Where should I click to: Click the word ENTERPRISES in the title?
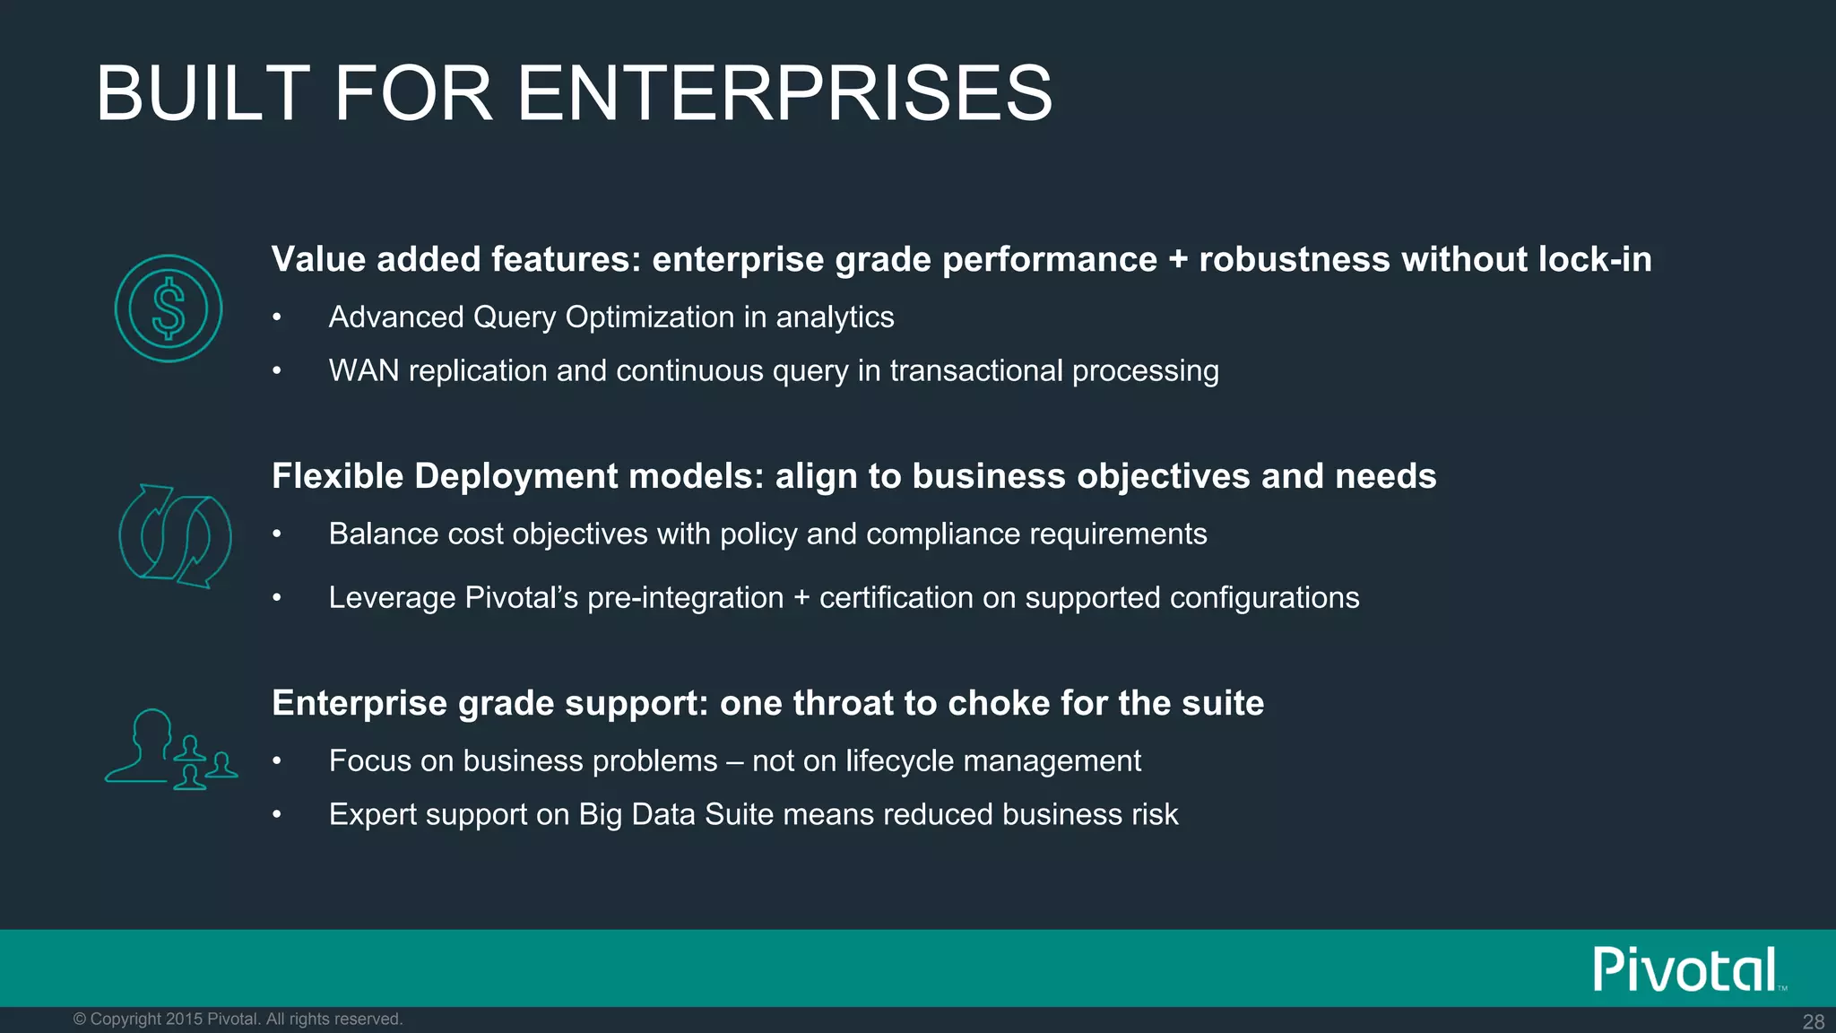tap(784, 93)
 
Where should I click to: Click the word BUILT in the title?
tap(203, 93)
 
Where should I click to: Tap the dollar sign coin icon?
tap(169, 308)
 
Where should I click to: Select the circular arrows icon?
tap(175, 536)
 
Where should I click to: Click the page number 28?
tap(1813, 1021)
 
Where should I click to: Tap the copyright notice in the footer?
tap(238, 1019)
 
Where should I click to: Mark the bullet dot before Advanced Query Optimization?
tap(278, 317)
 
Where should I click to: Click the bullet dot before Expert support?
tap(278, 814)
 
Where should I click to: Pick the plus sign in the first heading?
tap(1178, 260)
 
